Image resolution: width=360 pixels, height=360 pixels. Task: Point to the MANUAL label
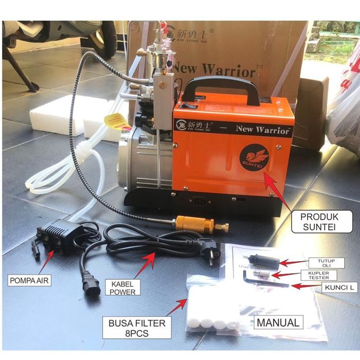point(278,323)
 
